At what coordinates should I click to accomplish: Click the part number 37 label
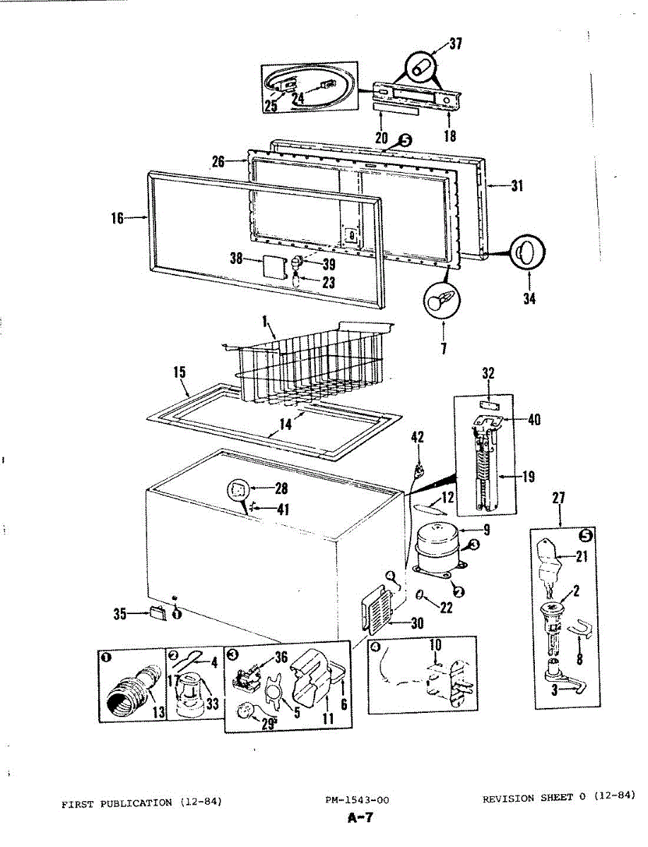456,45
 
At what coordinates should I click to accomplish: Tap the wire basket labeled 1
311,367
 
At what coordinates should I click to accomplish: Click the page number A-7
360,819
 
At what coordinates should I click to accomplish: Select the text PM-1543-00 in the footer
358,800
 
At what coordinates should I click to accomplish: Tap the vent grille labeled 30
379,608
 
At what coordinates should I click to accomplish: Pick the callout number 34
529,299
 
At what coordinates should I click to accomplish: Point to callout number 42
418,438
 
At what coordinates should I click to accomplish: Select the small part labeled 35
157,612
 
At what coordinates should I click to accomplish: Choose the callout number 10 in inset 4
435,645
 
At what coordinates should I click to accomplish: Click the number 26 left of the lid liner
218,162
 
